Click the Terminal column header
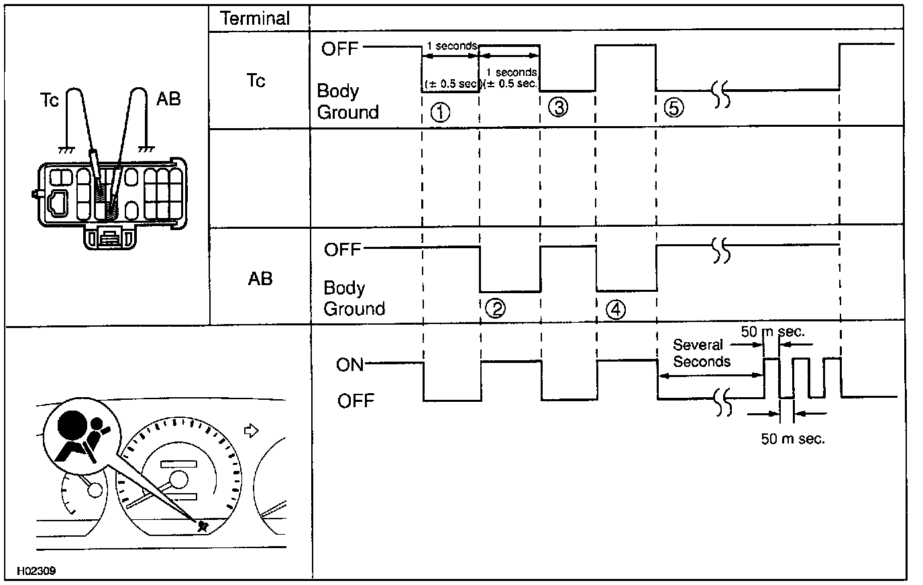point(256,18)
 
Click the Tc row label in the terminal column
point(256,81)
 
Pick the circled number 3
point(557,106)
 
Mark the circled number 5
point(673,107)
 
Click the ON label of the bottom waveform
point(349,365)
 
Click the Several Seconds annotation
point(701,354)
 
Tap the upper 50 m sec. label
point(773,331)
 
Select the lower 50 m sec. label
point(792,439)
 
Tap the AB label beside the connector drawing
point(168,100)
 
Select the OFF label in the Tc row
point(340,49)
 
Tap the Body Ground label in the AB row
point(354,299)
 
